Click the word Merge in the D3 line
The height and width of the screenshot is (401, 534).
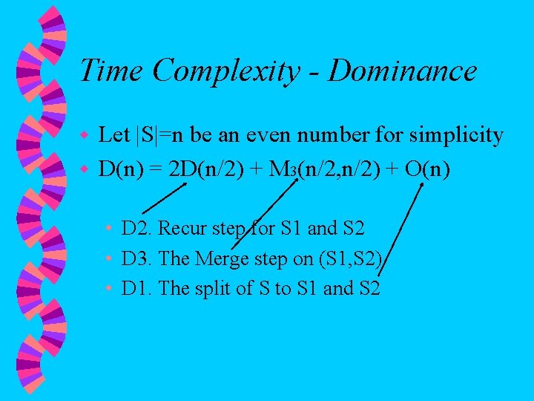pyautogui.click(x=221, y=258)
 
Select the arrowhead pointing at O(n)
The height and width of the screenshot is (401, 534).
pyautogui.click(x=421, y=186)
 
